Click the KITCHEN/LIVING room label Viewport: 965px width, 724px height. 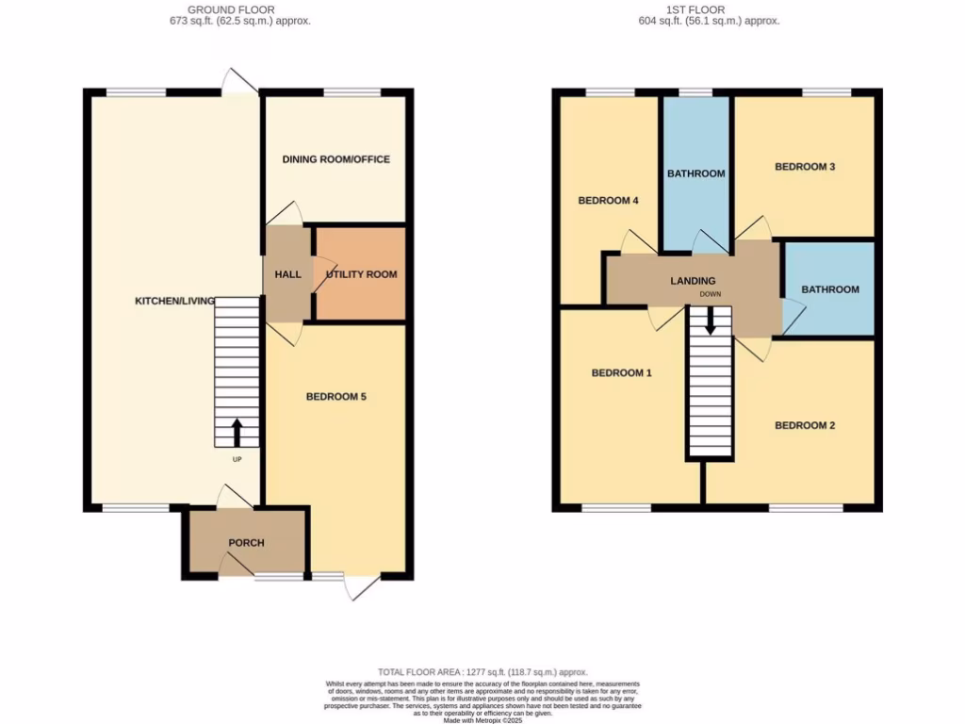click(x=174, y=301)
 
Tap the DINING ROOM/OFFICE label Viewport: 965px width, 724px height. click(x=335, y=159)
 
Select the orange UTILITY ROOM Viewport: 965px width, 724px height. click(x=360, y=274)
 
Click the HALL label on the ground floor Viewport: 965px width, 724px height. click(x=287, y=274)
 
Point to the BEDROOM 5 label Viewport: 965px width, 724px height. click(x=335, y=397)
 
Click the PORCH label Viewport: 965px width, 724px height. click(x=246, y=543)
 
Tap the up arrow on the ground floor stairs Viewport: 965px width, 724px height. click(x=237, y=432)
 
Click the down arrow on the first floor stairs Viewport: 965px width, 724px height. click(x=710, y=321)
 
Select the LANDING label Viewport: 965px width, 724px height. click(x=693, y=281)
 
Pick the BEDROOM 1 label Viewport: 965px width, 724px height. click(x=621, y=373)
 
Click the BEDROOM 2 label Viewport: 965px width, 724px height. click(x=805, y=425)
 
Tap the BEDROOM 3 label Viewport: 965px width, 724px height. click(x=805, y=167)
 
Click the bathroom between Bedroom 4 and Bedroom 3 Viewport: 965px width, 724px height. click(x=695, y=173)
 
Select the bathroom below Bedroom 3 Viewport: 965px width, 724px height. click(x=829, y=289)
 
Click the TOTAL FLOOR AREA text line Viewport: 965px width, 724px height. click(x=482, y=671)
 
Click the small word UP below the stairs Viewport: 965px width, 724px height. click(x=237, y=460)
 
